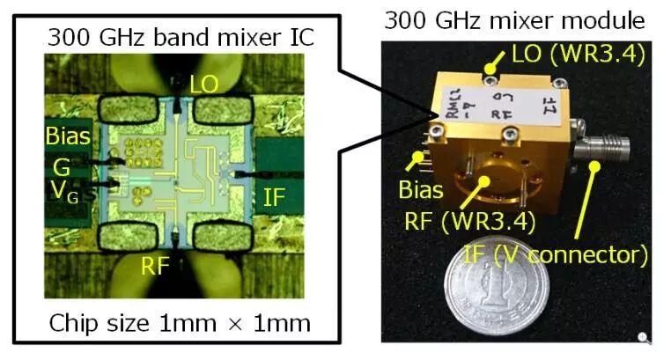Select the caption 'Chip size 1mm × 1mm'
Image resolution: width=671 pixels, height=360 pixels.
[x=181, y=323]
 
